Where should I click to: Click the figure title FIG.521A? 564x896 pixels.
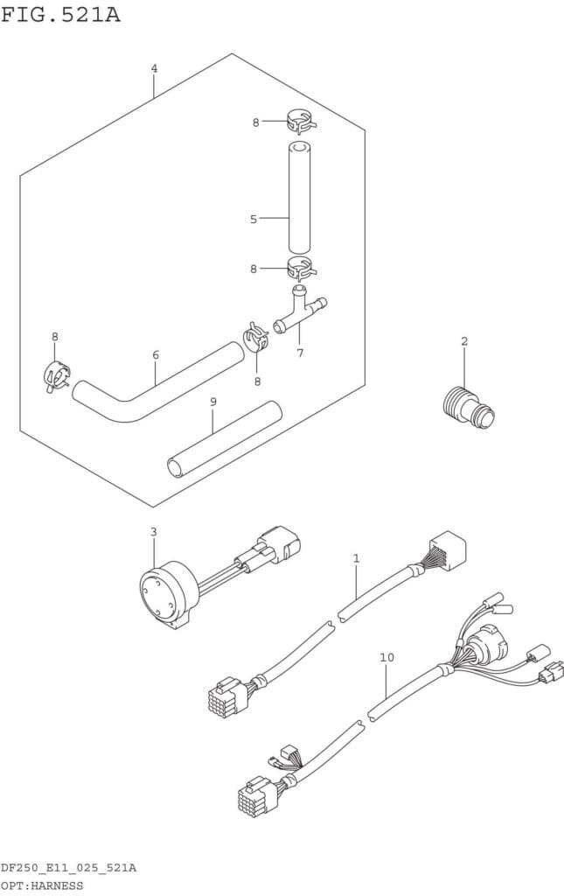click(x=60, y=14)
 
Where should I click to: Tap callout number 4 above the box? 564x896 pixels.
click(x=154, y=68)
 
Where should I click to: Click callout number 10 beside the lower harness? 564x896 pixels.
click(x=387, y=658)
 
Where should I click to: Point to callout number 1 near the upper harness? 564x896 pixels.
click(x=356, y=557)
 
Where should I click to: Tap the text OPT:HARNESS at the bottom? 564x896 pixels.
click(x=42, y=885)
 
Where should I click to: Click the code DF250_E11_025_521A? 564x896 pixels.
click(x=68, y=869)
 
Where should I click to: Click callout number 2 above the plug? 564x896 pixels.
click(x=464, y=342)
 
